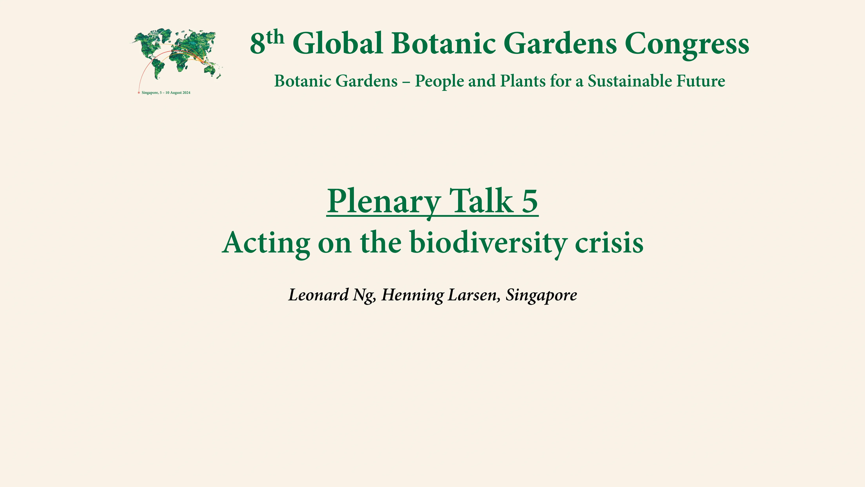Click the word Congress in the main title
[x=687, y=44]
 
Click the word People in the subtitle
[x=439, y=81]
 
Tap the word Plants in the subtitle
[x=523, y=81]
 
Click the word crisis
[x=609, y=243]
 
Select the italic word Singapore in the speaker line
[x=541, y=295]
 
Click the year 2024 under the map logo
[x=186, y=93]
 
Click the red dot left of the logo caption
[x=139, y=93]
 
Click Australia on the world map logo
[x=210, y=70]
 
